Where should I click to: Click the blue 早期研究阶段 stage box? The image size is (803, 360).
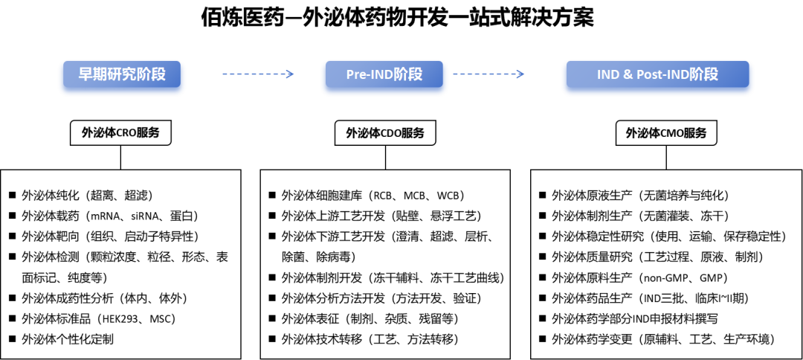(122, 74)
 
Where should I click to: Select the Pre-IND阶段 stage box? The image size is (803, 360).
(384, 74)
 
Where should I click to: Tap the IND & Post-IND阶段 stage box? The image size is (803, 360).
(657, 74)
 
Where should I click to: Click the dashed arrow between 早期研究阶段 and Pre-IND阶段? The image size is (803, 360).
(257, 74)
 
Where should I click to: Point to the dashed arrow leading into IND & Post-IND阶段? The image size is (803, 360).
(488, 74)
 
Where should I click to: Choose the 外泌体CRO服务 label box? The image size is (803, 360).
(121, 133)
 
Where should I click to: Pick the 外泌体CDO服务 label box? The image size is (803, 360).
(385, 134)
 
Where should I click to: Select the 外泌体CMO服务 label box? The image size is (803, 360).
(666, 134)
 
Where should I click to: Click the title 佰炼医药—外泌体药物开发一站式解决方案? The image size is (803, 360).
(397, 19)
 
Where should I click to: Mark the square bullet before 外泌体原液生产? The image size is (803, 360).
(542, 196)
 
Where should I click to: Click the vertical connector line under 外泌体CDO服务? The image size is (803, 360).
(385, 158)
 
